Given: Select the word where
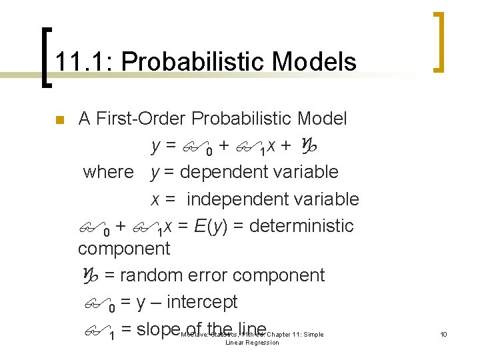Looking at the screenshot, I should pyautogui.click(x=108, y=172).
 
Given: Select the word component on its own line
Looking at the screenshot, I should pyautogui.click(x=124, y=249).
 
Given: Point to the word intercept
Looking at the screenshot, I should pyautogui.click(x=202, y=302).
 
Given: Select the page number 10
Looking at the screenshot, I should pyautogui.click(x=443, y=334).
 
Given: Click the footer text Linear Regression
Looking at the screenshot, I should pyautogui.click(x=252, y=343).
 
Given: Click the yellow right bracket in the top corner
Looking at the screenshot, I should pyautogui.click(x=439, y=41).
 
